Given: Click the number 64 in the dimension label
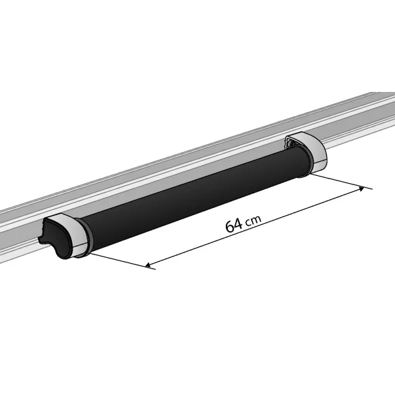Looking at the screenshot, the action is click(234, 225).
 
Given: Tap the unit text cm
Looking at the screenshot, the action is click(253, 220).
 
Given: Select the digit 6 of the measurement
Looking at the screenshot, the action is click(230, 226).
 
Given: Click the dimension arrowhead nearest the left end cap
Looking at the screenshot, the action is click(148, 265).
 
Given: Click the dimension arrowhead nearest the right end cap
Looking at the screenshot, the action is click(362, 189).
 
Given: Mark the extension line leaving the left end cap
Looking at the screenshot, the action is click(123, 261).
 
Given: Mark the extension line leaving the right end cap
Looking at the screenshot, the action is click(341, 181).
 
